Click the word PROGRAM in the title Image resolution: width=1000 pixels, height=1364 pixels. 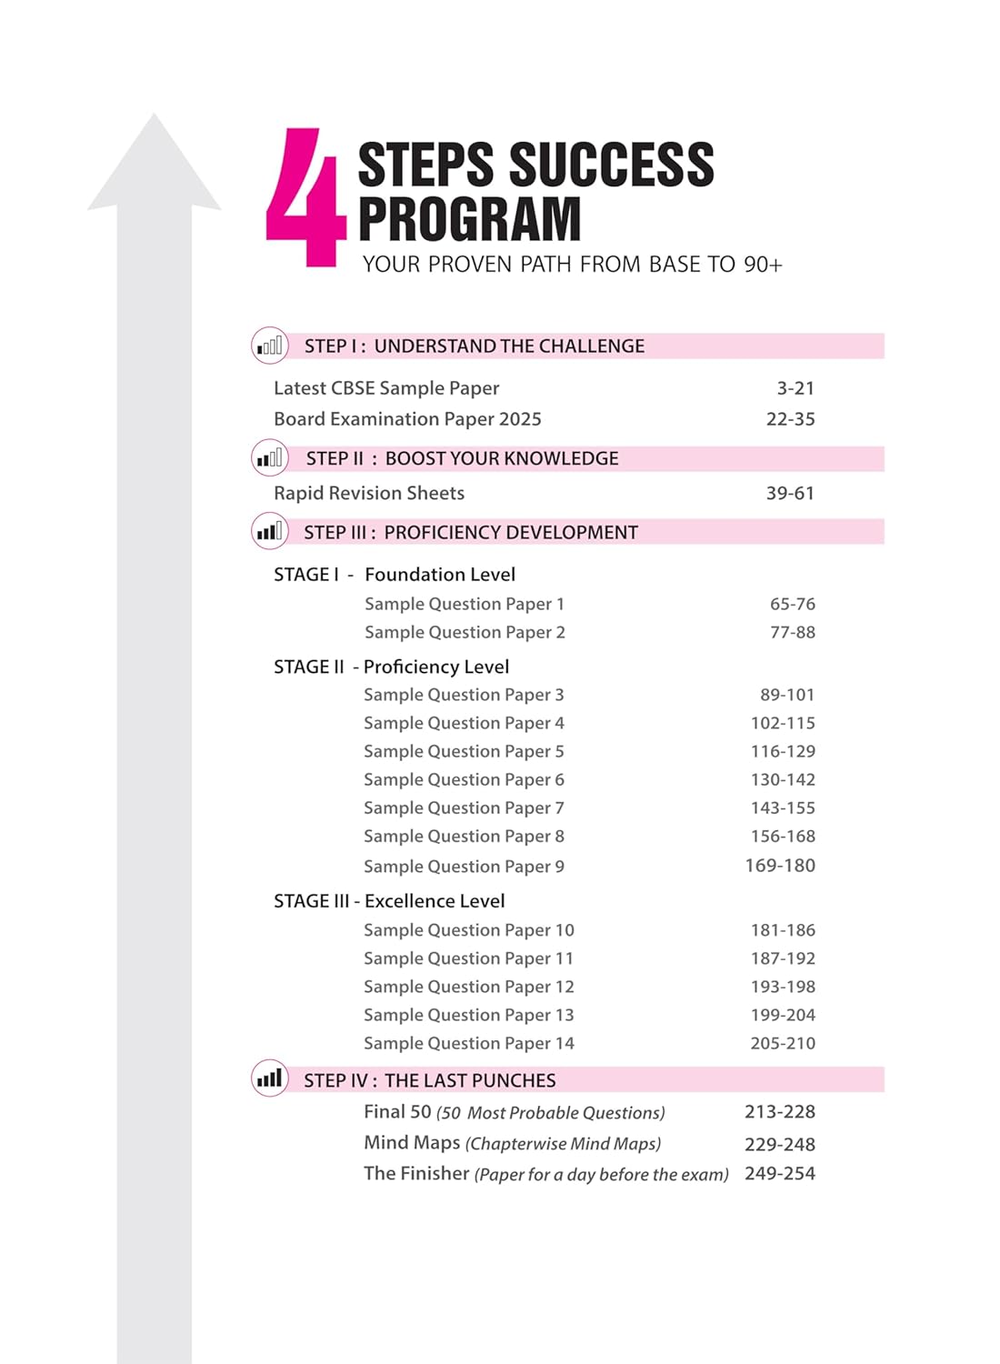469,219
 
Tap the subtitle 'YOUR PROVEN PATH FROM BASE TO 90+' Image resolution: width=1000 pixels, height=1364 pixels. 572,265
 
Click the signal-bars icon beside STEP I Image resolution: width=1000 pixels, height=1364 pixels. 270,346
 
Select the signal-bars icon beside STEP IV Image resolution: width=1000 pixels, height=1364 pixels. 270,1079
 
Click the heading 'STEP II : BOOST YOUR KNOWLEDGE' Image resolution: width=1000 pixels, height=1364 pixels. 462,458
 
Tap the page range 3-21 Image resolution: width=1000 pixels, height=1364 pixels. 795,388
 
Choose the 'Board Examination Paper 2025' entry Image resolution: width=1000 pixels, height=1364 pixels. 407,419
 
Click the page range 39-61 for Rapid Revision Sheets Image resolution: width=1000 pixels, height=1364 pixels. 790,493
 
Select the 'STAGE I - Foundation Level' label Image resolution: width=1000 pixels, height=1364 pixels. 395,575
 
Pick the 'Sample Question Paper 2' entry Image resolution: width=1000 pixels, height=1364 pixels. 465,632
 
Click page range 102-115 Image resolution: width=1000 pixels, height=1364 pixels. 783,723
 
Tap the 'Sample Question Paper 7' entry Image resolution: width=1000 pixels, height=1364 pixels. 464,807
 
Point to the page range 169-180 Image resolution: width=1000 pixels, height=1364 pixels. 780,866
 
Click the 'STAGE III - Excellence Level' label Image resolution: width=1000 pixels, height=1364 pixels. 389,901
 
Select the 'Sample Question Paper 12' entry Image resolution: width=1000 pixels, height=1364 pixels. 469,987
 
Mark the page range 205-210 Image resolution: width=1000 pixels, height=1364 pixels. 783,1043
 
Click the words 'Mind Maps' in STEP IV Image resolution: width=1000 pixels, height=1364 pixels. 412,1143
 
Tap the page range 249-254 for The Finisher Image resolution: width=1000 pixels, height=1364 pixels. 780,1173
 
